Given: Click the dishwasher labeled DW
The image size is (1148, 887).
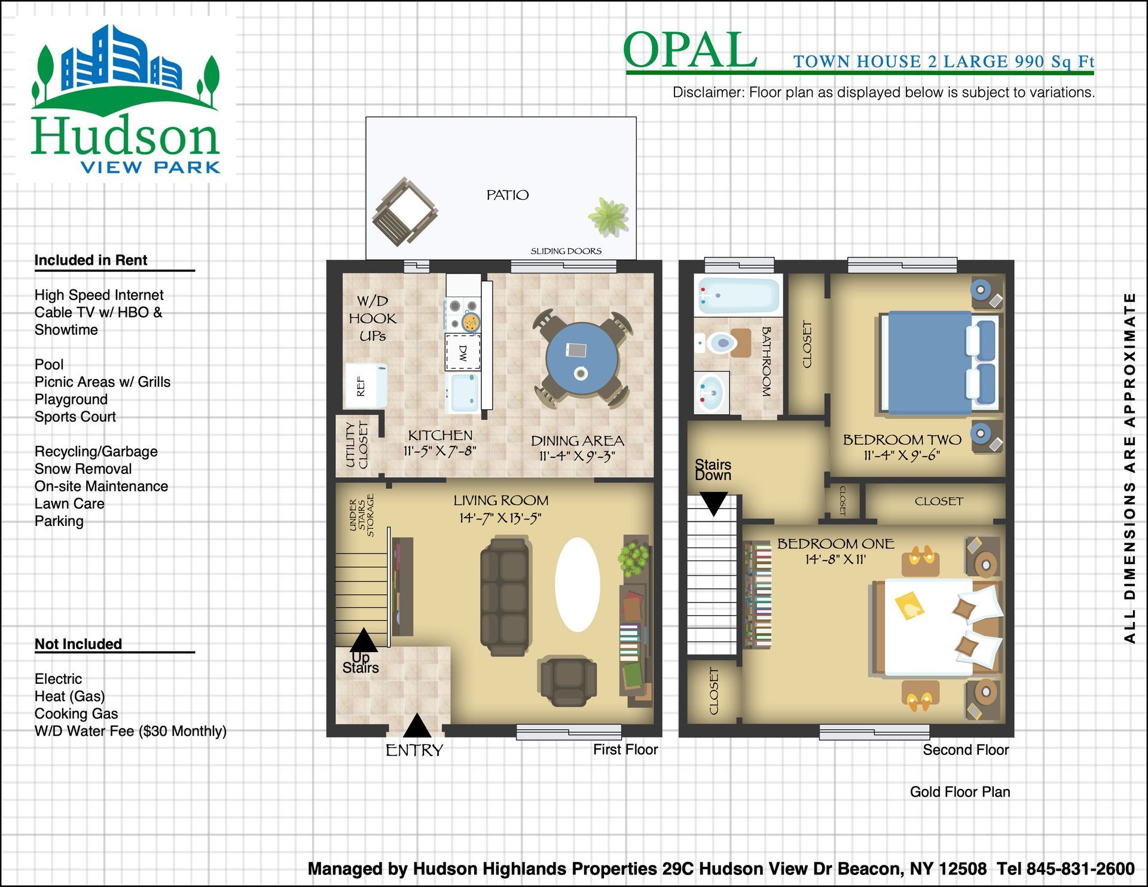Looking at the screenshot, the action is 463,353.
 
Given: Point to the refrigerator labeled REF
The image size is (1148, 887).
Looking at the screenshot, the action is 365,386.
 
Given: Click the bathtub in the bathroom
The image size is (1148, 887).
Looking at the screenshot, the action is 738,296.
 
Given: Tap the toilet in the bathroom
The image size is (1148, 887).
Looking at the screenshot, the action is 720,343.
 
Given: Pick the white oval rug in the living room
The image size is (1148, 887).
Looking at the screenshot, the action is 577,585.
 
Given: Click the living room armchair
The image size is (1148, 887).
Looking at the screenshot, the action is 568,680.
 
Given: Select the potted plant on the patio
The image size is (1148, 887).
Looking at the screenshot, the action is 609,216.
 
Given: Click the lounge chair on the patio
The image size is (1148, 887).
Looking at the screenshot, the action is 405,212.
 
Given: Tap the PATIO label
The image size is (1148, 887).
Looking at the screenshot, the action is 508,195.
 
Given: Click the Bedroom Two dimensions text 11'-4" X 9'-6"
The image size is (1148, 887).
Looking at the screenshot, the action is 902,455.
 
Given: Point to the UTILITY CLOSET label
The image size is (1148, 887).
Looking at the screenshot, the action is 357,445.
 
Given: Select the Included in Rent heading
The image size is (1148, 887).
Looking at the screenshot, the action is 91,260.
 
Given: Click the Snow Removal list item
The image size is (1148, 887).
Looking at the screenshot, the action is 83,469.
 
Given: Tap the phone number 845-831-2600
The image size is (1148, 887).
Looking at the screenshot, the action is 1080,868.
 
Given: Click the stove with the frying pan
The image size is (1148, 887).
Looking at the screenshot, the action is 463,314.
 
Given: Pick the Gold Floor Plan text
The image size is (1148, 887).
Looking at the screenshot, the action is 960,792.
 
